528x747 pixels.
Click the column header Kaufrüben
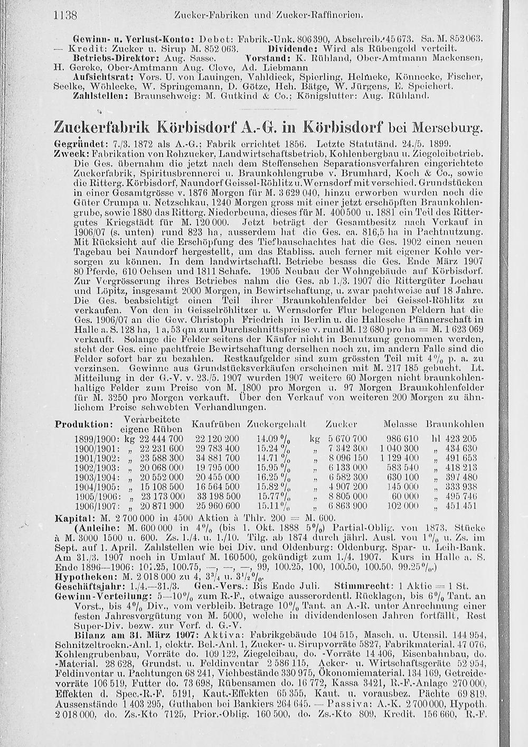pyautogui.click(x=216, y=424)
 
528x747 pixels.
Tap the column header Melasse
pyautogui.click(x=401, y=424)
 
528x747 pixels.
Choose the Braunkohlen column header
pyautogui.click(x=455, y=424)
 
